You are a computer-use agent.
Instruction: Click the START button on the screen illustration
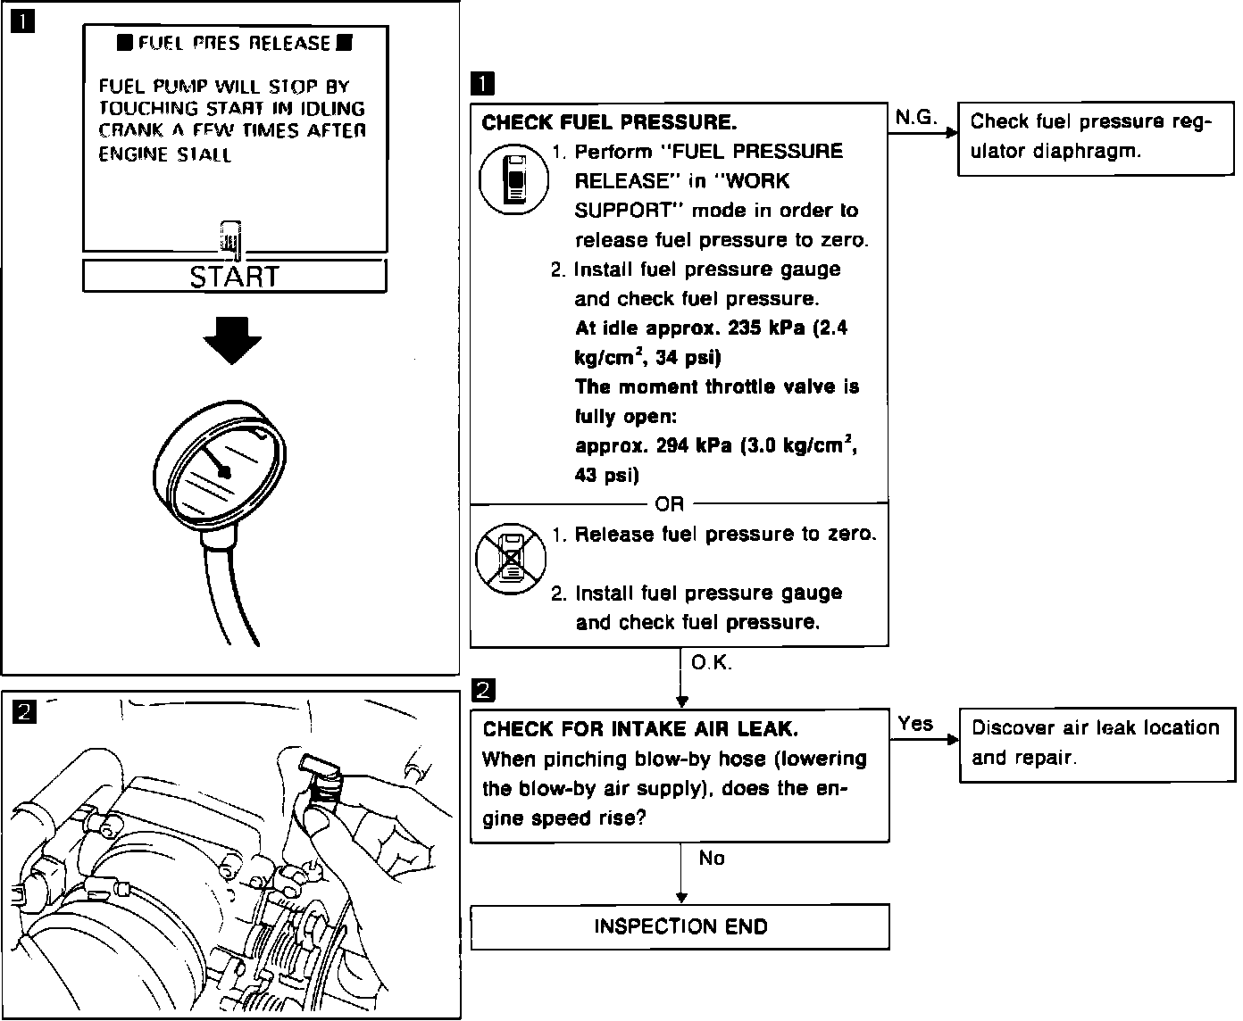[234, 277]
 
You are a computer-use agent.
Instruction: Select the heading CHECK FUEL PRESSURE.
[609, 122]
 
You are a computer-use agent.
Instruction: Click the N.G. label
[915, 117]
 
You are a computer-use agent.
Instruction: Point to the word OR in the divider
[670, 504]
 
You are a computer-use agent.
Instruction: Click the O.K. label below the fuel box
[711, 663]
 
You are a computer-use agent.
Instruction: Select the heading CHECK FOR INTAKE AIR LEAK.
[639, 729]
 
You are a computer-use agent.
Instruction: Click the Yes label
[915, 724]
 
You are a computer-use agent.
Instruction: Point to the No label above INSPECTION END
[712, 858]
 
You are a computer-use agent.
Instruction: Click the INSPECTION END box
[680, 926]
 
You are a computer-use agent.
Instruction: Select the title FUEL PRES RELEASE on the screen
[234, 43]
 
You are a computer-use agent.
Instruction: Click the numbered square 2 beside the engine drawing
[24, 711]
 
